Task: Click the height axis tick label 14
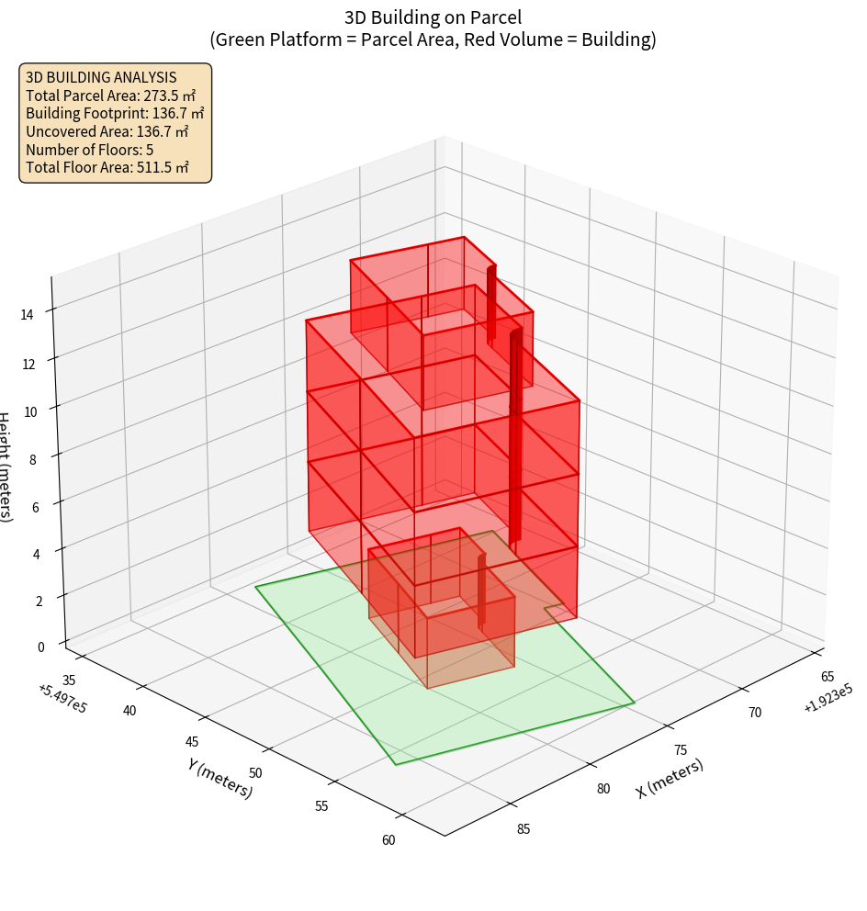click(28, 314)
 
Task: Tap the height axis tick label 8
click(32, 459)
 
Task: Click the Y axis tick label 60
click(389, 839)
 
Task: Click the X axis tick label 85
click(524, 829)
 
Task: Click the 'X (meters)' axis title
click(670, 779)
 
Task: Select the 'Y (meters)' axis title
click(220, 777)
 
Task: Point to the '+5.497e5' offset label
click(62, 697)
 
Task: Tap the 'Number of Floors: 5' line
click(89, 150)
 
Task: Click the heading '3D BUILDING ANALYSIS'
click(101, 77)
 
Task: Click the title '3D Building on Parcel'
click(433, 17)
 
